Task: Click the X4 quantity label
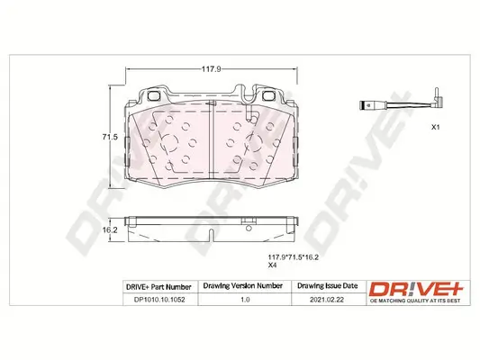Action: [271, 265]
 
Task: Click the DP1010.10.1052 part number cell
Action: [158, 303]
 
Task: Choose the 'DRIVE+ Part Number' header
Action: [158, 286]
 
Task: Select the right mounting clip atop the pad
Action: [267, 95]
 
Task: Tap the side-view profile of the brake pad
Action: [212, 225]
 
